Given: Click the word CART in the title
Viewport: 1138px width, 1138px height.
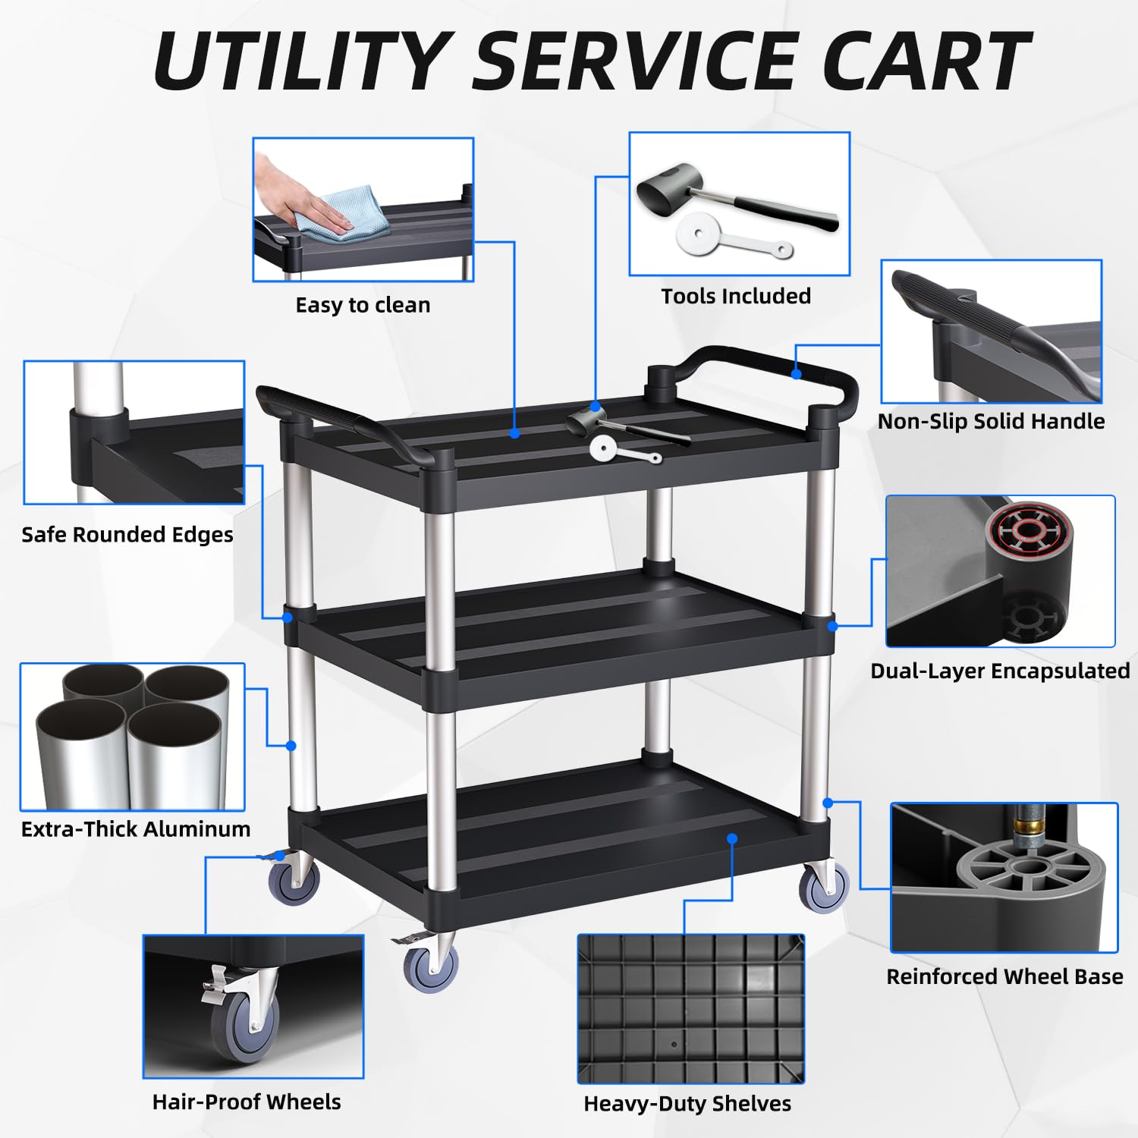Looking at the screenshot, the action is tap(927, 61).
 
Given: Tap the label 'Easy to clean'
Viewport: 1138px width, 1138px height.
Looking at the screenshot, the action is tap(363, 305).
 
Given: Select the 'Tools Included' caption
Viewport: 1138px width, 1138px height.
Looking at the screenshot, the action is tap(736, 296).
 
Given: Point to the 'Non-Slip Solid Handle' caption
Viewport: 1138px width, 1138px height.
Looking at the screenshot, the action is tap(991, 421).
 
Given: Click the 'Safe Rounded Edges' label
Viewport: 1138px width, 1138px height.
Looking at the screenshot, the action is tap(127, 535).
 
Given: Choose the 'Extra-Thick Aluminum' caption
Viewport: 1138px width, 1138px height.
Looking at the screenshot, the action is tap(136, 828).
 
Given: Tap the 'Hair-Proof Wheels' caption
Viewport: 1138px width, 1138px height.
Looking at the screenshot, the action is tap(247, 1102).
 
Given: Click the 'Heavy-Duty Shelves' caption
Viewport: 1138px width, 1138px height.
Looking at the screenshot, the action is tap(687, 1104).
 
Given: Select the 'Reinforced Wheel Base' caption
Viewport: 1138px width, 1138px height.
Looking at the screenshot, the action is tap(1004, 976).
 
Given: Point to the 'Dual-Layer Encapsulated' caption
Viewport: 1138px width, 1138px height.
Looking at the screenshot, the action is tap(1000, 671).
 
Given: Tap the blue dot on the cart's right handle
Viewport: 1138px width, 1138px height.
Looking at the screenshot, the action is tap(796, 374).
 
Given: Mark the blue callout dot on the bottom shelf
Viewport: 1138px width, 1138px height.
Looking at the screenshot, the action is tap(732, 838).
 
